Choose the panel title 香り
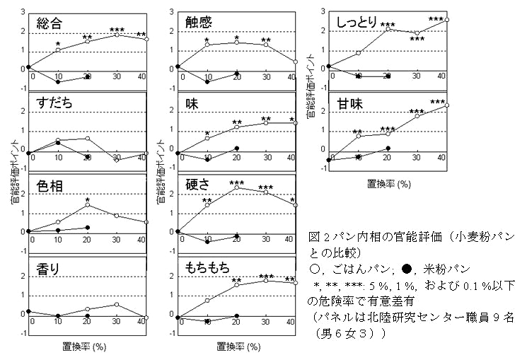point(50,269)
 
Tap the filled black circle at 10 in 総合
point(59,81)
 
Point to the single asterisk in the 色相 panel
point(88,200)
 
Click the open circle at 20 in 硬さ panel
point(236,187)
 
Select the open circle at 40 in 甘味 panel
point(446,105)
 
